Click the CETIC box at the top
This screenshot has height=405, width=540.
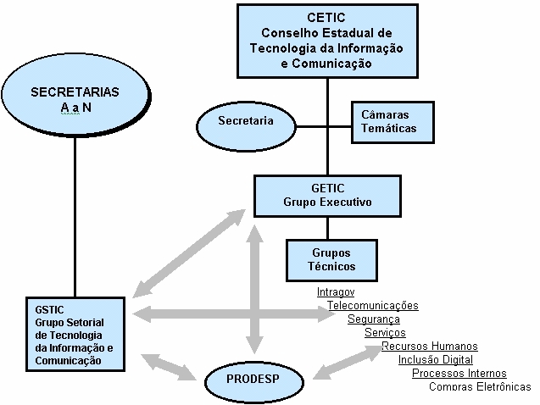(326, 39)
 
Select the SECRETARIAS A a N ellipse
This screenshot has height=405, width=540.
(75, 98)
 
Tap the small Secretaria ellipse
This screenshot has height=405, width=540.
(245, 122)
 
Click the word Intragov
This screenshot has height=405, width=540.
(335, 291)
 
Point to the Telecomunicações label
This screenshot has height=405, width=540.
(372, 305)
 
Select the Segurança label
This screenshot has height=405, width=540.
(374, 319)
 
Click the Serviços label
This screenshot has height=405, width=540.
(385, 332)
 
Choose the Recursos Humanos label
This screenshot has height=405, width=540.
(429, 346)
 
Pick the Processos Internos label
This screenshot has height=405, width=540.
(459, 373)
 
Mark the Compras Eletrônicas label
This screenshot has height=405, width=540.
(480, 387)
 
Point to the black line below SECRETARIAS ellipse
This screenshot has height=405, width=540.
(75, 212)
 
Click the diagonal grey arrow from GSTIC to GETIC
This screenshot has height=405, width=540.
(190, 249)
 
